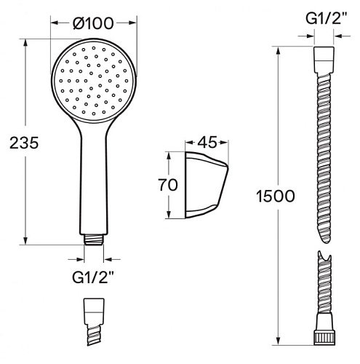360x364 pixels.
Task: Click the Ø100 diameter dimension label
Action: pos(93,23)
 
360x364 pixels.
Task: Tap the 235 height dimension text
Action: pos(24,143)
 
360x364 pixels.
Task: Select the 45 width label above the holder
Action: pos(207,143)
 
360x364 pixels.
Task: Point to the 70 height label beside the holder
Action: pos(168,185)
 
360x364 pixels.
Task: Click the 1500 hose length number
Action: pos(276,196)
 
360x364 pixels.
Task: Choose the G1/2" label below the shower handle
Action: pos(93,277)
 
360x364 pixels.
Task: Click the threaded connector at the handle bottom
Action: pos(94,240)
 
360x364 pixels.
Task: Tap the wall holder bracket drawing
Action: pos(207,185)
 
